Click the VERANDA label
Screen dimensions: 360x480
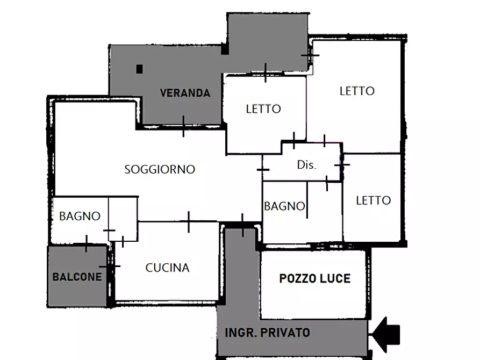[185, 93]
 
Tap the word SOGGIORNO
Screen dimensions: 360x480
[160, 169]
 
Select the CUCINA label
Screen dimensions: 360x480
[167, 268]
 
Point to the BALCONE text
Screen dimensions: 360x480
[77, 277]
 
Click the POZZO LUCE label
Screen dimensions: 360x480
[314, 278]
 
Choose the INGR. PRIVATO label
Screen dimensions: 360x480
[267, 333]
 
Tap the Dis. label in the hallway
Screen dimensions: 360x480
[307, 165]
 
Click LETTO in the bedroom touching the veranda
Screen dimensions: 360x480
[263, 109]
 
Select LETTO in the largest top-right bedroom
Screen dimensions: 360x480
[357, 91]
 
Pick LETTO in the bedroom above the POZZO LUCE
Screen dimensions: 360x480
[373, 200]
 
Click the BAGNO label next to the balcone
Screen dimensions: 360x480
[80, 216]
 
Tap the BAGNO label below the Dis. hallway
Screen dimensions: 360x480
[284, 206]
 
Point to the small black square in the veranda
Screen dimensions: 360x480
[140, 69]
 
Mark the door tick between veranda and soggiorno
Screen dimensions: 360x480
[183, 126]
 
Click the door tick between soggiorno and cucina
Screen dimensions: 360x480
[189, 221]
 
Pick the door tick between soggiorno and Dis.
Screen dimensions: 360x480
[263, 169]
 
